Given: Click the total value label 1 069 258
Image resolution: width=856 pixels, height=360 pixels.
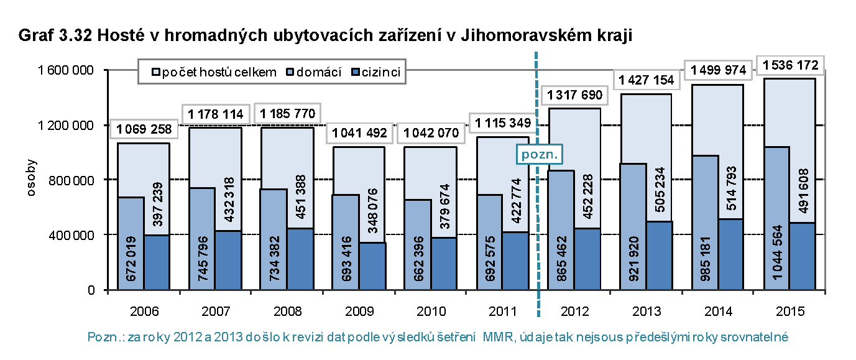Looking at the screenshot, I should pos(144,130).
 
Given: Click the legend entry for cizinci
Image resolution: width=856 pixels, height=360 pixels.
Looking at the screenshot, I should pos(377,73).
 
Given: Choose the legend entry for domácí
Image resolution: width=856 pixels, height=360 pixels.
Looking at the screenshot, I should pos(315,73).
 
